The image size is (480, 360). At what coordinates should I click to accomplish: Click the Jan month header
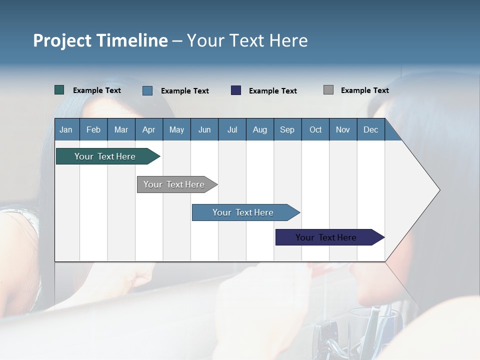tap(66, 129)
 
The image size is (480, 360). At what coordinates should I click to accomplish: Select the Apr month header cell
tap(149, 129)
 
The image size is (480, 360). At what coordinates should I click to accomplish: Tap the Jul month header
tap(232, 129)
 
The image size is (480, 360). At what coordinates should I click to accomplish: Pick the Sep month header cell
tap(287, 129)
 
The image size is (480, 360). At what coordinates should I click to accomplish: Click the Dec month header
tap(370, 129)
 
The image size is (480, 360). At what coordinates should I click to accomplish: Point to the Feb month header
tap(93, 129)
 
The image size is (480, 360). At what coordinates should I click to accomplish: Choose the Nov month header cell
tap(343, 129)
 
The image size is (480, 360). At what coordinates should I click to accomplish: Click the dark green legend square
tap(59, 90)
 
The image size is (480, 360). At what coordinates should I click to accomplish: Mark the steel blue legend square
tap(147, 90)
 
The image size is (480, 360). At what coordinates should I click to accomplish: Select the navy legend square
tap(236, 90)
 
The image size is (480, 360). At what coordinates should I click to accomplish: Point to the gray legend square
tap(328, 90)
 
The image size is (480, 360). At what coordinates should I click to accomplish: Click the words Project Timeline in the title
tap(100, 40)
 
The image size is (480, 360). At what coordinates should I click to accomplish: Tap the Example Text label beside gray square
tap(364, 90)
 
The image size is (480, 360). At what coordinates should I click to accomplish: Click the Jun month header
tap(204, 129)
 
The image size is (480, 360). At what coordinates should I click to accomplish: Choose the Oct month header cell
tap(315, 129)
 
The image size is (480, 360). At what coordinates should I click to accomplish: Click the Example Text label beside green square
tap(97, 90)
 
